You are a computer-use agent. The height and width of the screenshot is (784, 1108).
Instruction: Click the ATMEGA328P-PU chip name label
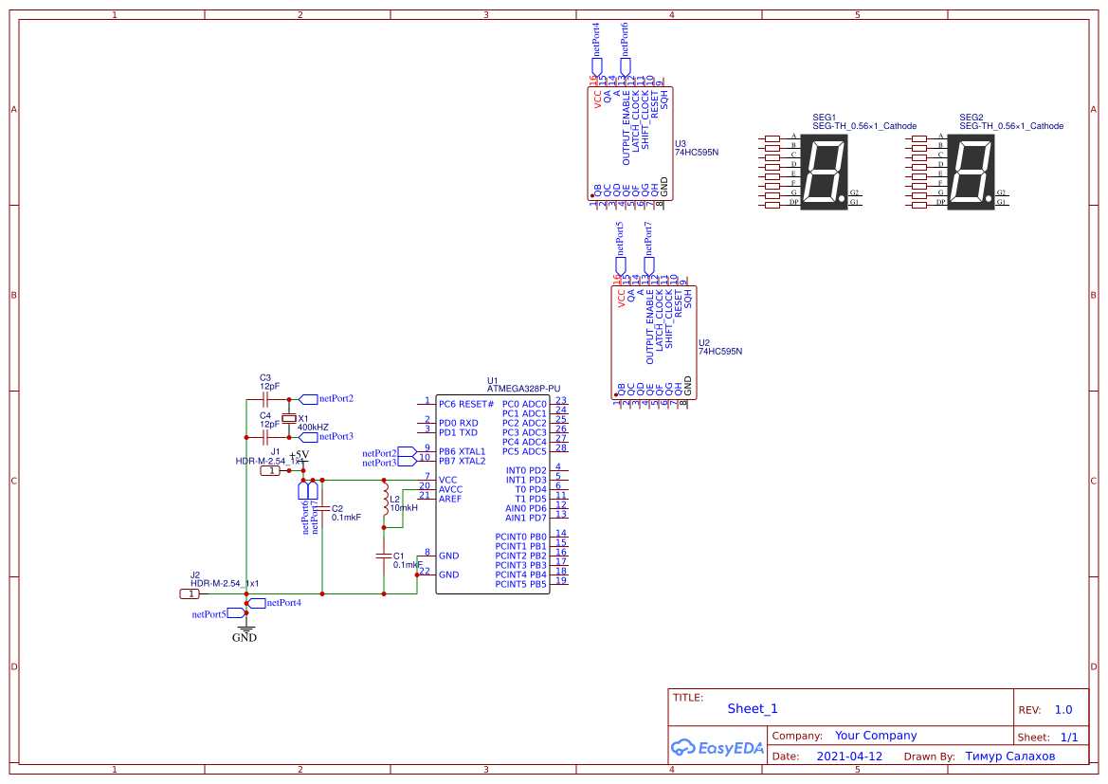pos(523,389)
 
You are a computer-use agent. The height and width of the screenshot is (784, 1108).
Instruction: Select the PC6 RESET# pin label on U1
pos(460,404)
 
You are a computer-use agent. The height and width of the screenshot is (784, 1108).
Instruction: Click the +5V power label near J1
pos(300,455)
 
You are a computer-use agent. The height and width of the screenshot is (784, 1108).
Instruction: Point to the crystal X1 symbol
pos(290,418)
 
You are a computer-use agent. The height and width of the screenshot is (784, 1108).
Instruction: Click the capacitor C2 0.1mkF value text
pos(346,518)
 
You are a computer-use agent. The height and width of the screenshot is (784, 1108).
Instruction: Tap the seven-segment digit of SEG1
pos(825,172)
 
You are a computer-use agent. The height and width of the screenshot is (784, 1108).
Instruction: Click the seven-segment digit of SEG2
pos(972,172)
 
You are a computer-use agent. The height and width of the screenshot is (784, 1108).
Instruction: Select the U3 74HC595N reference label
pos(696,148)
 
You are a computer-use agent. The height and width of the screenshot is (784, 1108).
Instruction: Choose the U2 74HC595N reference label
pos(719,347)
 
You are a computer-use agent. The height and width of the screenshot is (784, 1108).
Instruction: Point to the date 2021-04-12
pos(849,757)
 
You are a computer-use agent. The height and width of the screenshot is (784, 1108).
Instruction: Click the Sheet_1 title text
pos(753,709)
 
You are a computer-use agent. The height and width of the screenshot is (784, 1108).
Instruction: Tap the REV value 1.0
pos(1063,710)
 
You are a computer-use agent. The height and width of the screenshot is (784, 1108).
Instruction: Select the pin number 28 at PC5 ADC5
pos(561,447)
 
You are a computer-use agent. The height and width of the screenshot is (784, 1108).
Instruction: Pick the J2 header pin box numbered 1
pos(191,593)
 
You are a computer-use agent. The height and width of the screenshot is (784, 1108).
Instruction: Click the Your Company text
pos(876,736)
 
